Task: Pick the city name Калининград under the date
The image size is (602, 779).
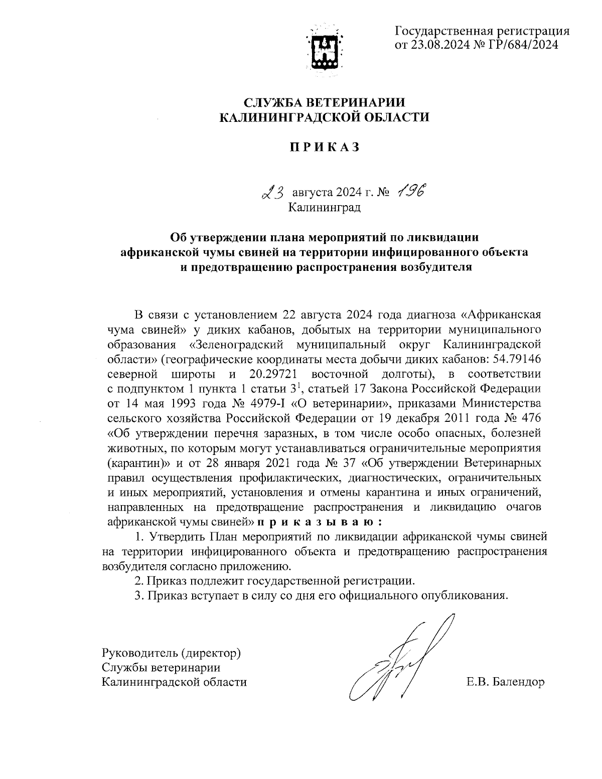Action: [324, 206]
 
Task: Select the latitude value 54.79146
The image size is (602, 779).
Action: [516, 360]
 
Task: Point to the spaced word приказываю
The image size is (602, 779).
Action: [322, 522]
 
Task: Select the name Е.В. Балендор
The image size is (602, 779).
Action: [505, 682]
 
